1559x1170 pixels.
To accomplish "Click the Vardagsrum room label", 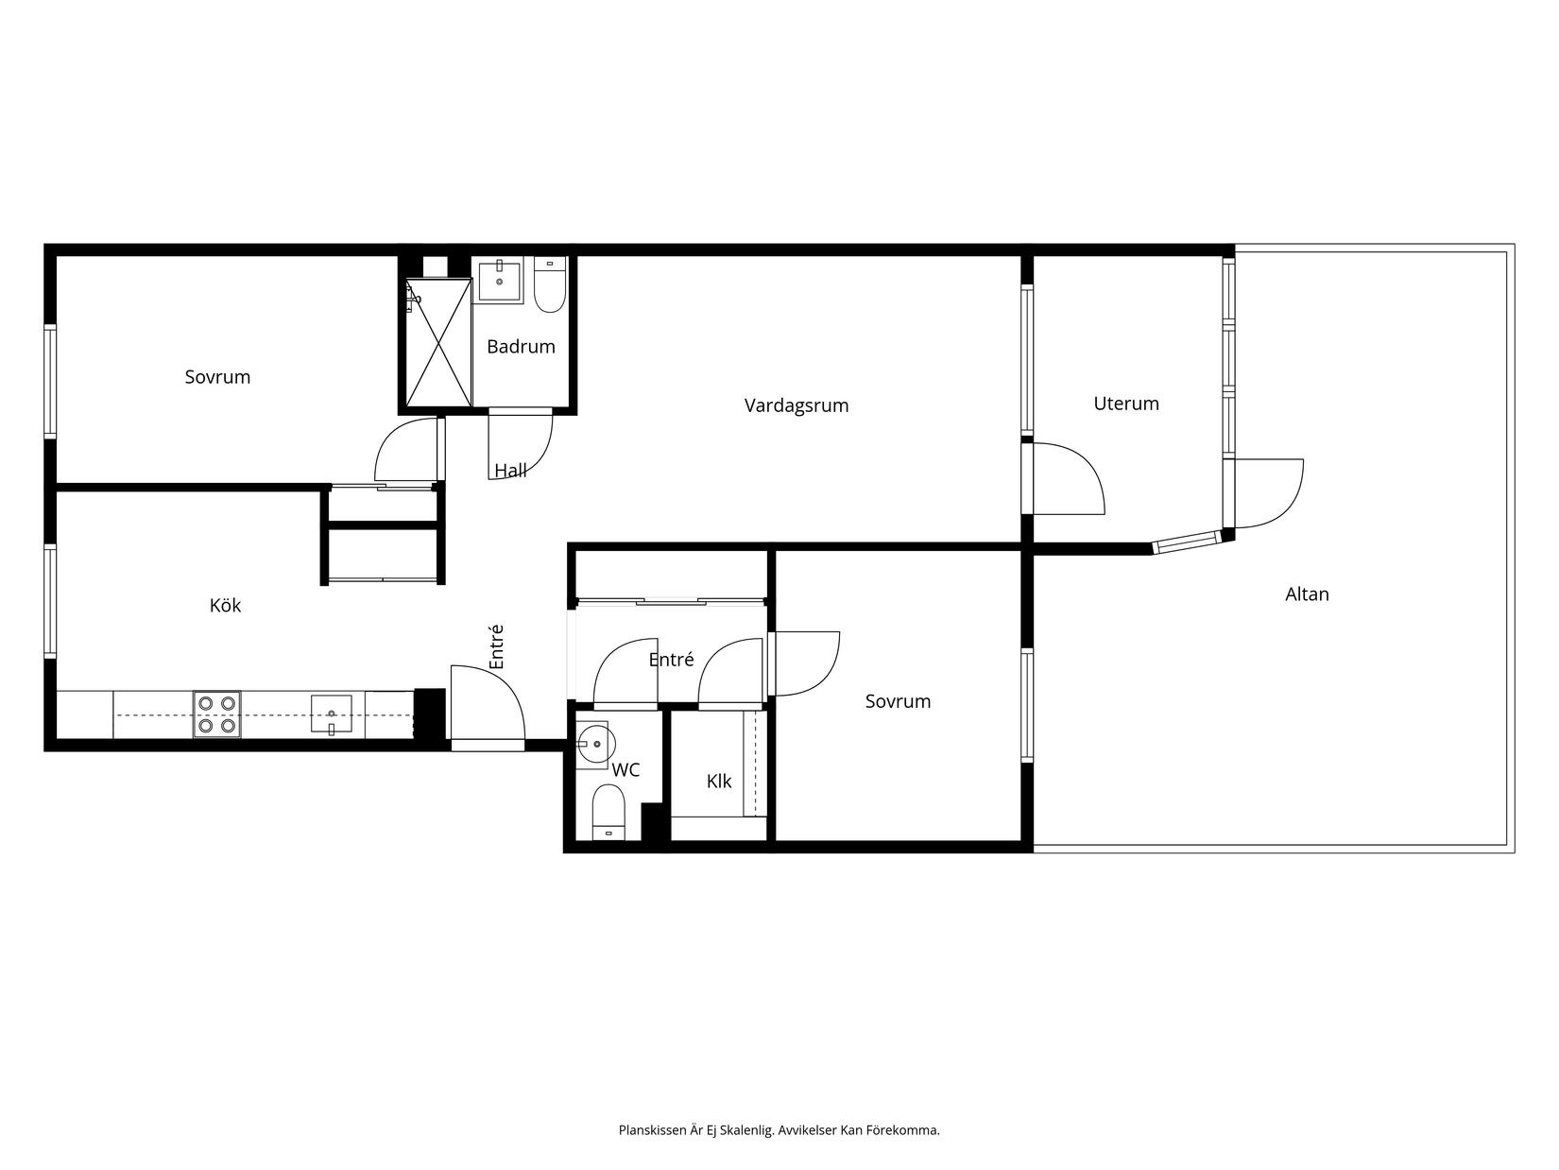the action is click(797, 406).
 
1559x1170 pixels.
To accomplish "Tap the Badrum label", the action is click(521, 347).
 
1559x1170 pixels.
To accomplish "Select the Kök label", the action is click(225, 605).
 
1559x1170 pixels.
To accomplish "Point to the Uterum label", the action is click(1125, 404).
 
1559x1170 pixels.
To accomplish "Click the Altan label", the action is click(1307, 594).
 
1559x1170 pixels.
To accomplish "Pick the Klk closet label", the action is click(719, 782).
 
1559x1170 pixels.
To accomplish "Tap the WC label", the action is click(625, 770).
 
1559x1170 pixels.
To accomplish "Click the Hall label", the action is click(510, 471).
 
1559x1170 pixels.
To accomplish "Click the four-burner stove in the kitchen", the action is click(216, 714).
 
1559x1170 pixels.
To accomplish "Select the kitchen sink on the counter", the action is click(331, 714).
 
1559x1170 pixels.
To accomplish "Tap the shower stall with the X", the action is click(438, 342).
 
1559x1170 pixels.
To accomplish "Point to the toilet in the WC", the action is click(608, 812).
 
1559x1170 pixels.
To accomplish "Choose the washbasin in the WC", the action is click(592, 745).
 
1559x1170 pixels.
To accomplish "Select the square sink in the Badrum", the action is click(499, 282).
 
